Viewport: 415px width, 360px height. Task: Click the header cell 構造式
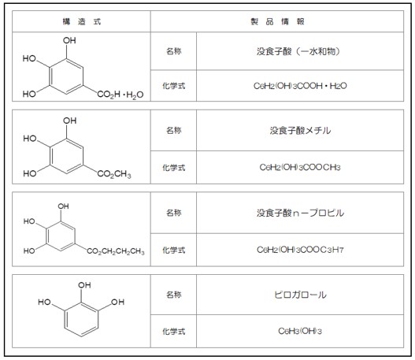click(x=82, y=21)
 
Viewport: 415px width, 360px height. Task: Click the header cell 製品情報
click(x=277, y=21)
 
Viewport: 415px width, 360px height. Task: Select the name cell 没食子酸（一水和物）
click(x=298, y=51)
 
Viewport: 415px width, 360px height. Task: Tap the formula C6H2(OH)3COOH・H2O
click(x=300, y=86)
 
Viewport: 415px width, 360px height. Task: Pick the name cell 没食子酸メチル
click(x=300, y=130)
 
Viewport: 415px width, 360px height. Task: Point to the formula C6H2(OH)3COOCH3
click(x=300, y=167)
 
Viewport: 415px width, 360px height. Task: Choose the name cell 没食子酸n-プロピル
click(x=300, y=213)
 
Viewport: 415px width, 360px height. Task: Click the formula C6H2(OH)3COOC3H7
click(x=300, y=250)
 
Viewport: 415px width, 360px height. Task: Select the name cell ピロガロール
click(x=300, y=295)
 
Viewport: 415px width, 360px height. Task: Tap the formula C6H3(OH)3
click(x=300, y=331)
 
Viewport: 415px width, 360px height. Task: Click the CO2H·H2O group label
click(x=120, y=95)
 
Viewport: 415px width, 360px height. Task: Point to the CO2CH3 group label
click(x=114, y=174)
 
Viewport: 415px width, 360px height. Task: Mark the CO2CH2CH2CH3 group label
click(x=116, y=251)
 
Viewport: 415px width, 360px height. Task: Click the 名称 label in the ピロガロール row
click(x=173, y=295)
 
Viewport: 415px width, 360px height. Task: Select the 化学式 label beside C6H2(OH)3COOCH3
click(x=173, y=168)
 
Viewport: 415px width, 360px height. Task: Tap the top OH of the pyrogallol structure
click(x=84, y=285)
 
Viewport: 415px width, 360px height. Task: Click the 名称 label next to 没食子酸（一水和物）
click(x=173, y=51)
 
